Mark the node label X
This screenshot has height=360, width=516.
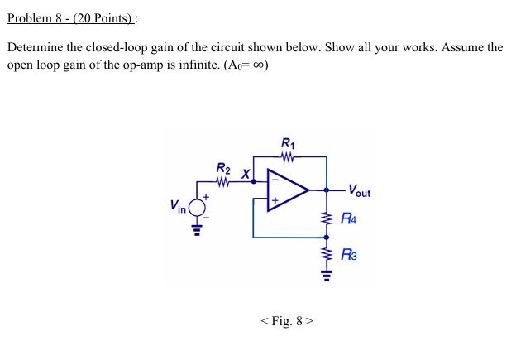(245, 174)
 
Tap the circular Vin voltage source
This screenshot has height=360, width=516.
(198, 208)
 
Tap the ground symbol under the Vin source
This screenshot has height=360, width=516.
(198, 230)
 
